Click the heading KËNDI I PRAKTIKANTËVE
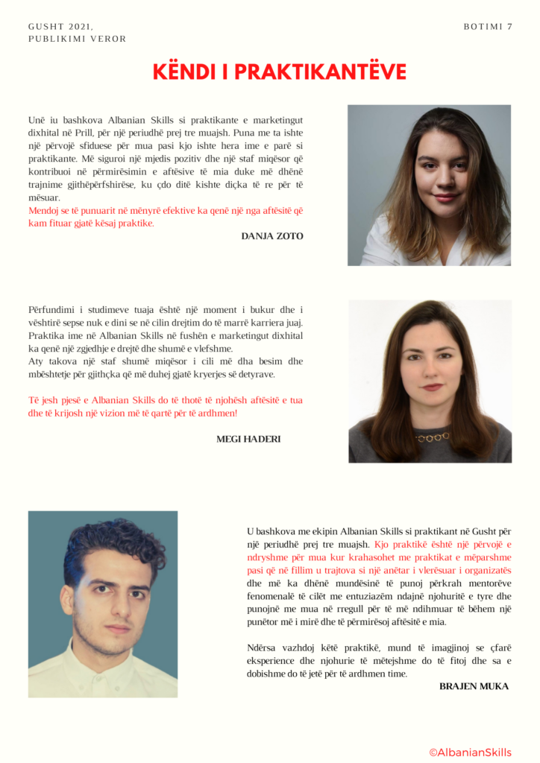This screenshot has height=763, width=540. [x=279, y=72]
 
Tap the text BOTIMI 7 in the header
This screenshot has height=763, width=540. [x=488, y=27]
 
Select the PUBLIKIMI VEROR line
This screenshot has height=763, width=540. [x=78, y=39]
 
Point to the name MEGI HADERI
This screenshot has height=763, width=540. [x=248, y=439]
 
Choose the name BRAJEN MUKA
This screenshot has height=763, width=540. [x=474, y=686]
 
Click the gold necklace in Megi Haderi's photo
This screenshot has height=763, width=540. [x=433, y=437]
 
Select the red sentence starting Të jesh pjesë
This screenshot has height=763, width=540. [x=164, y=406]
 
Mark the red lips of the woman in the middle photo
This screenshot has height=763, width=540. [x=432, y=387]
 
